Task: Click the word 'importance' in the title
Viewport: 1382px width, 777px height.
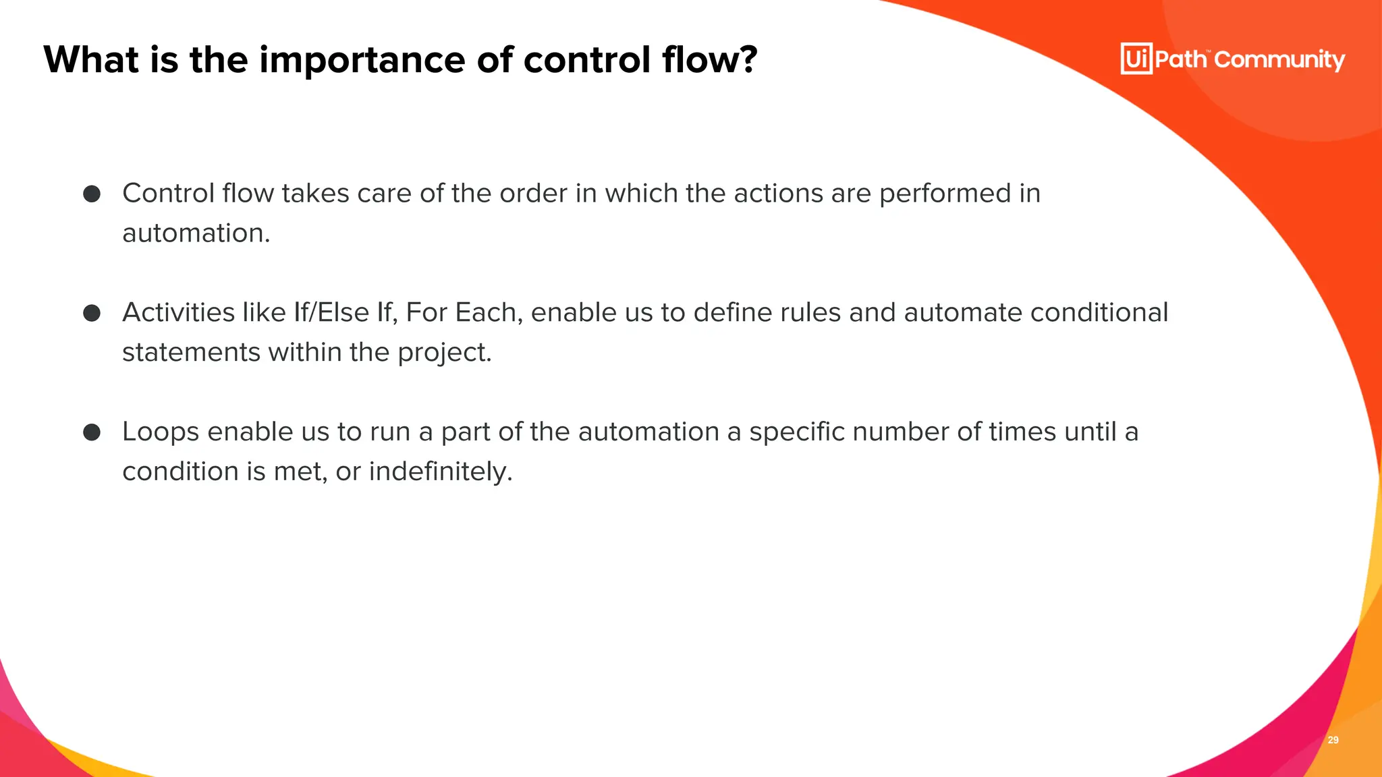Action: (x=362, y=61)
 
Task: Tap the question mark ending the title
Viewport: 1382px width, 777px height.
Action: (x=748, y=59)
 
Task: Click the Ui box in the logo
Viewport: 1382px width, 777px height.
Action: (x=1136, y=59)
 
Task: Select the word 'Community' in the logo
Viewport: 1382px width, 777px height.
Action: (x=1279, y=60)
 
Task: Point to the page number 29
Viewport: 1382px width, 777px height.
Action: (x=1333, y=740)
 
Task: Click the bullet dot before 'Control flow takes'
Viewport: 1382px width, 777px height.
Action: (x=92, y=194)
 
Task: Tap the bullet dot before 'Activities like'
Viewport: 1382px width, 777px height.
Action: (x=92, y=313)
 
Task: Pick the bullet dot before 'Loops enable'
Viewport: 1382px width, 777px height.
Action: (x=92, y=432)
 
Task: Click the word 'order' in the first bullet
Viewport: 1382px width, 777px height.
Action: (x=533, y=194)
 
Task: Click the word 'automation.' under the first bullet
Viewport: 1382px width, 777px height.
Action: (x=196, y=233)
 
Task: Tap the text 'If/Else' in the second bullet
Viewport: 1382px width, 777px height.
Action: (x=331, y=313)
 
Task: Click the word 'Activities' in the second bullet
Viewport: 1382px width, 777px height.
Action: (x=179, y=313)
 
